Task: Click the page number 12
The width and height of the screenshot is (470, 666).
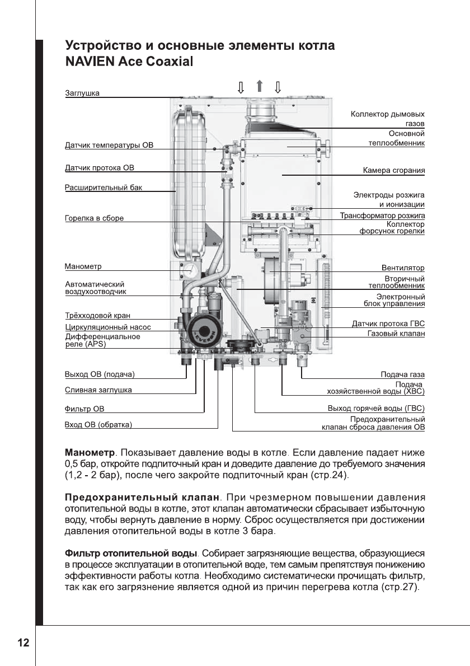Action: (23, 642)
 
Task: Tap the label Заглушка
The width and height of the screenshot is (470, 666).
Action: (82, 93)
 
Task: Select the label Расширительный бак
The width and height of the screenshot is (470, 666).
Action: (104, 187)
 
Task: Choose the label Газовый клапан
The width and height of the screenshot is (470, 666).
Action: (396, 334)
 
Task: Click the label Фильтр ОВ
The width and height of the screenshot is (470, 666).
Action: (84, 409)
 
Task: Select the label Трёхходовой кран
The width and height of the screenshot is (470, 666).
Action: (98, 316)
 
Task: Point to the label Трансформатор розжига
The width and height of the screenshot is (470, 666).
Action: (383, 215)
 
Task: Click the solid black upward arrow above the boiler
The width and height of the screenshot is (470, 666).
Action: (259, 86)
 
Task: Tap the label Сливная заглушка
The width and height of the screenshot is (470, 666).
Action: (98, 390)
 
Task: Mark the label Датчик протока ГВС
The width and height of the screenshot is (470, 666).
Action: (388, 323)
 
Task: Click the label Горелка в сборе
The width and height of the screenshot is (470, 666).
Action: (94, 218)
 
